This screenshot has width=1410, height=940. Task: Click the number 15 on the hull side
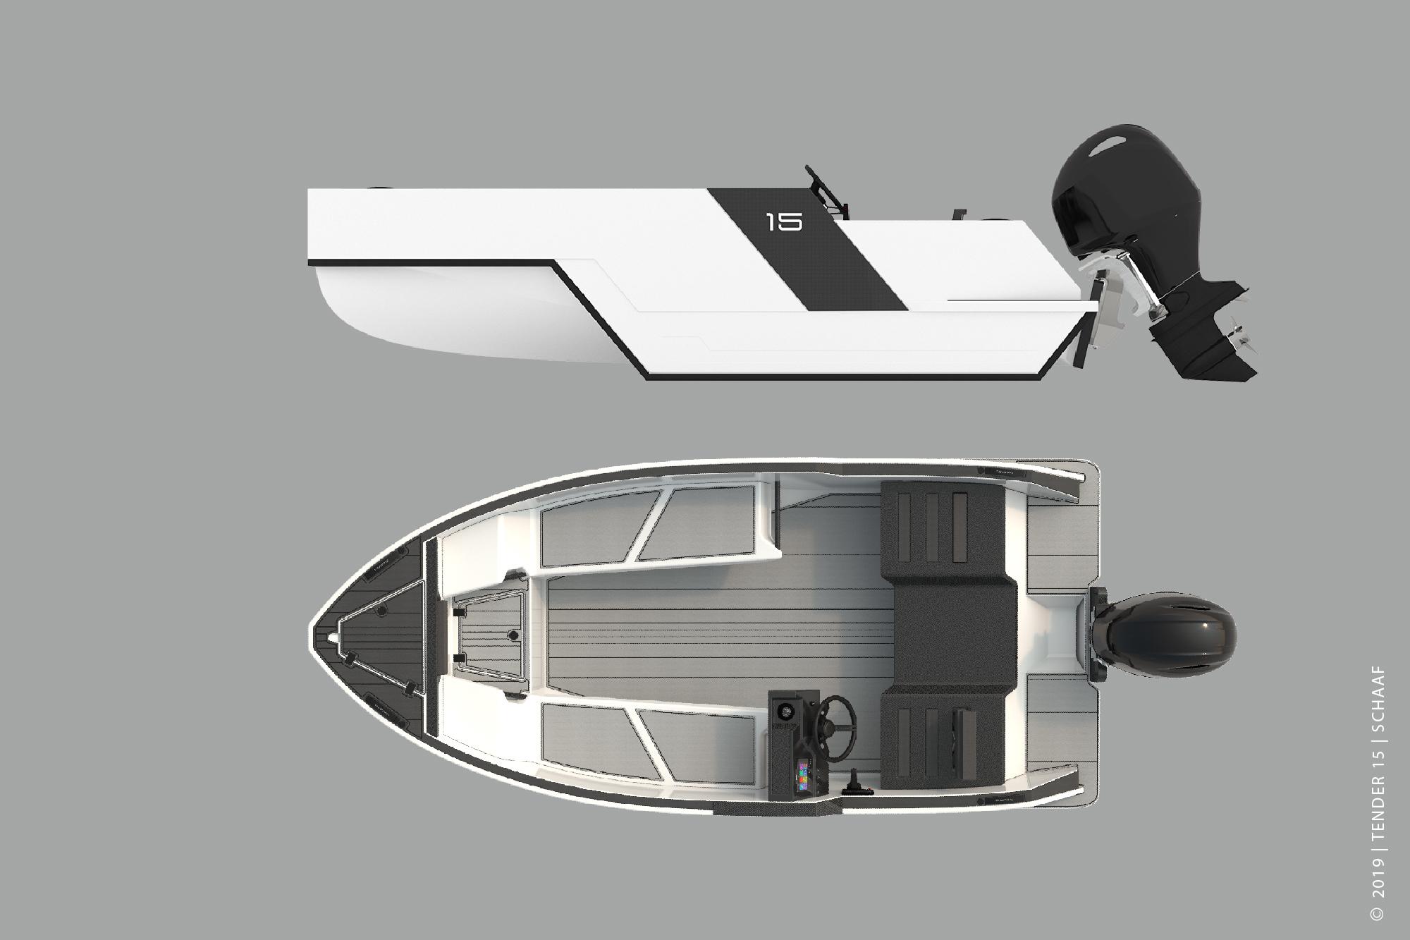click(x=784, y=223)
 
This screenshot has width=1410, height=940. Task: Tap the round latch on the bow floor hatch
click(x=513, y=636)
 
